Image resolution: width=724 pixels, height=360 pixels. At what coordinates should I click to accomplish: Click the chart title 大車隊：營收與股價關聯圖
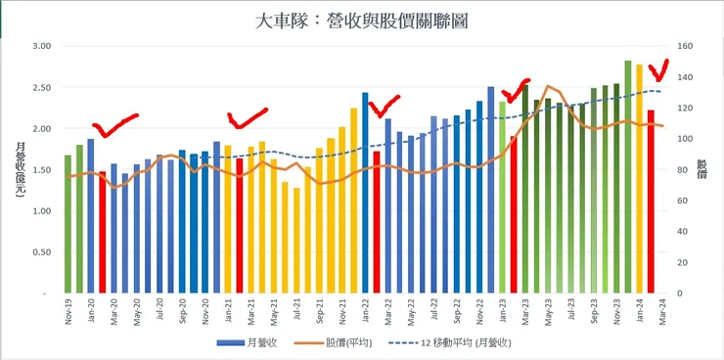[x=361, y=22]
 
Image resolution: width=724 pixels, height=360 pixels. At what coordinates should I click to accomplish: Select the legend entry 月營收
[x=247, y=343]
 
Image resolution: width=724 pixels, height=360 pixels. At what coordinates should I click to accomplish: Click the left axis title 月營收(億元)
[x=20, y=169]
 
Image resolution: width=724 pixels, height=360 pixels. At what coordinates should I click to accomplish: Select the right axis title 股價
[x=702, y=169]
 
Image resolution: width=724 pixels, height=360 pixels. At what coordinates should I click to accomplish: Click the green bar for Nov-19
[x=68, y=224]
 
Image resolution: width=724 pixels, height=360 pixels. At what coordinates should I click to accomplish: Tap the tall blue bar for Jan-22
[x=365, y=193]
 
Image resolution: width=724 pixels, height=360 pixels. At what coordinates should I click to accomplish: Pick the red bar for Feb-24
[x=651, y=202]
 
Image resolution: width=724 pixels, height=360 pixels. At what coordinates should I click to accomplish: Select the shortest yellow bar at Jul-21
[x=296, y=241]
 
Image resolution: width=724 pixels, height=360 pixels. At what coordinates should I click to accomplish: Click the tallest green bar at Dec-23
[x=628, y=177]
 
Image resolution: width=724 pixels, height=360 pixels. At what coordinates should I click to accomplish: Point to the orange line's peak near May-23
[x=548, y=86]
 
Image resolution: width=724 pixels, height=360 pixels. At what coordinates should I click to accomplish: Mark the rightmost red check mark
[x=659, y=71]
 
